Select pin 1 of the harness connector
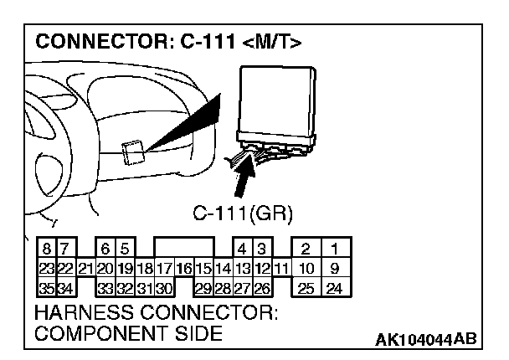[334, 249]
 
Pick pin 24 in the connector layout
[334, 289]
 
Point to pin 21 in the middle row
[85, 269]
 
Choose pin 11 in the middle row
[281, 269]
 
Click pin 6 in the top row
[105, 249]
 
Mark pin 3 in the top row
[261, 249]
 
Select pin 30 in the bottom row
[163, 289]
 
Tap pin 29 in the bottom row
[203, 289]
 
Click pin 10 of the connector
[307, 269]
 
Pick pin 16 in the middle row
[183, 269]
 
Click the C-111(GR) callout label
[242, 213]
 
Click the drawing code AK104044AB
[426, 338]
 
